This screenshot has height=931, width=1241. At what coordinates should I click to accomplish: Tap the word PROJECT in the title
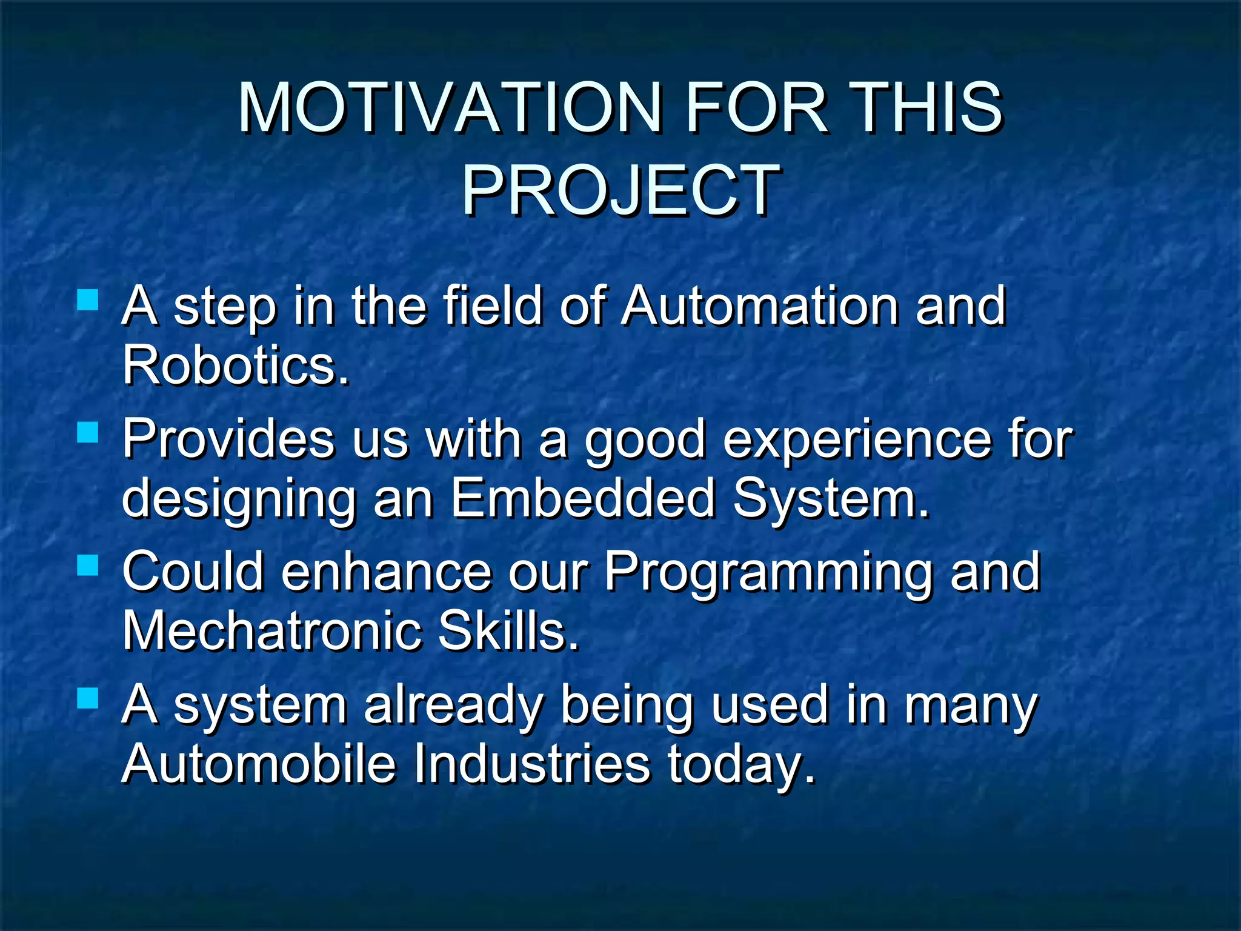coord(620,191)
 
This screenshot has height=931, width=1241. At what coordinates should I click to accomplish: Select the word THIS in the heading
coord(927,108)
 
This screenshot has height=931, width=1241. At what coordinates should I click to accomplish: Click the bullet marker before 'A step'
coord(88,299)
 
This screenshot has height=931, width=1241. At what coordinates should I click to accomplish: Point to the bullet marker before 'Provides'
coord(88,433)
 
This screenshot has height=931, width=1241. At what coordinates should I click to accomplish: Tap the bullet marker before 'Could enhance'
coord(88,566)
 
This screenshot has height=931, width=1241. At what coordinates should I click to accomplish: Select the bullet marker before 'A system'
coord(88,698)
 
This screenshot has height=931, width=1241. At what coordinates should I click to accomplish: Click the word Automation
coord(760,306)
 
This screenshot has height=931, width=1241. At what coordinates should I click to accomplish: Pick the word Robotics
coord(235,365)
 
